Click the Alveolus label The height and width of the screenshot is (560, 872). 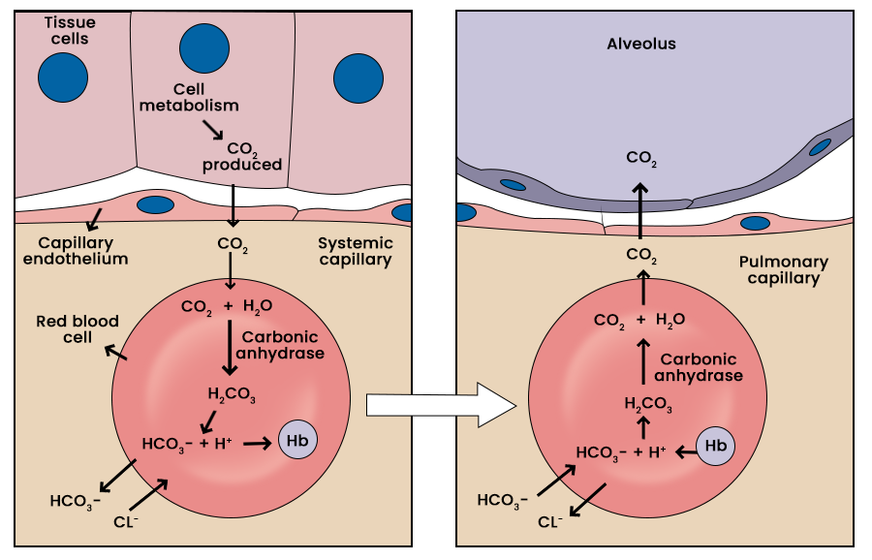pyautogui.click(x=641, y=44)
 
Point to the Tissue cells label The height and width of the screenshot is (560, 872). pyautogui.click(x=70, y=31)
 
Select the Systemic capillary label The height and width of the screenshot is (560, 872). pyautogui.click(x=356, y=251)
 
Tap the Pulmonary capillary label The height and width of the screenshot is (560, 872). pyautogui.click(x=783, y=270)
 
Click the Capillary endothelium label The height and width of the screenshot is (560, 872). pyautogui.click(x=82, y=251)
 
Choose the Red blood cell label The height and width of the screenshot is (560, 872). pyautogui.click(x=78, y=328)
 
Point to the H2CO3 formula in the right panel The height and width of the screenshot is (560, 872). pyautogui.click(x=644, y=404)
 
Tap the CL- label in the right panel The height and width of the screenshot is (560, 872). pyautogui.click(x=550, y=522)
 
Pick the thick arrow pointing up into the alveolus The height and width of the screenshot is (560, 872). pyautogui.click(x=640, y=208)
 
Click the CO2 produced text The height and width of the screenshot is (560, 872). pyautogui.click(x=242, y=157)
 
